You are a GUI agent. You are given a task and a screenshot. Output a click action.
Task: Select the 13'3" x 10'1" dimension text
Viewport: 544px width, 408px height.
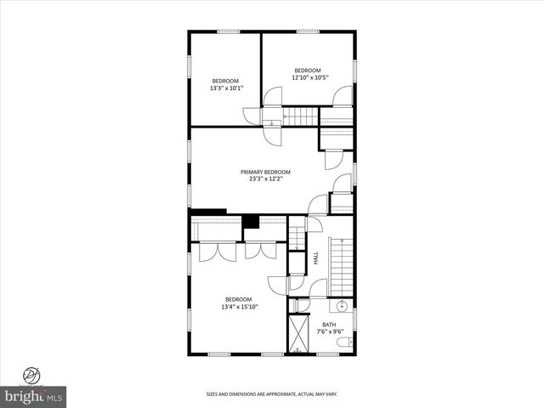click(x=226, y=88)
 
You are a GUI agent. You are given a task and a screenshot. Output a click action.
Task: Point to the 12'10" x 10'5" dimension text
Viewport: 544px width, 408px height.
click(x=309, y=77)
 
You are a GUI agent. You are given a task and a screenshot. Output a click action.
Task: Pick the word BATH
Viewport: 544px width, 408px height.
click(x=329, y=324)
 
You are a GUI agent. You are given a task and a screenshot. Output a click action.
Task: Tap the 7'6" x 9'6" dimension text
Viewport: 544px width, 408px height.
click(x=329, y=331)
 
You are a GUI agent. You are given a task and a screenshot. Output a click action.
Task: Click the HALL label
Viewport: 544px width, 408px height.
click(x=315, y=257)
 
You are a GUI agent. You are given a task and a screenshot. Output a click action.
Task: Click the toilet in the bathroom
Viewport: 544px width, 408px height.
click(x=343, y=343)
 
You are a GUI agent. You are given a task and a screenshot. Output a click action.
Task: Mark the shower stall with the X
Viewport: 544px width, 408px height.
click(x=299, y=334)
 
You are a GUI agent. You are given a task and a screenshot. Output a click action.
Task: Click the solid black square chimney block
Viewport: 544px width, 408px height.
click(x=251, y=223)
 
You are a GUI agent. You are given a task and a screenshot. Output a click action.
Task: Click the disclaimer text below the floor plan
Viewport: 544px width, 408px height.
click(x=272, y=394)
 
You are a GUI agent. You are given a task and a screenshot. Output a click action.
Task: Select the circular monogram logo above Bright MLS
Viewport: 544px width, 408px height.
click(x=32, y=374)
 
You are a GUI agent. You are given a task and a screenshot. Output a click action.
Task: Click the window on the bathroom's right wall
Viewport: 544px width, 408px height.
click(x=354, y=322)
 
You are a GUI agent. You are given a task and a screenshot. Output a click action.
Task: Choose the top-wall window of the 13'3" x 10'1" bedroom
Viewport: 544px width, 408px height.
click(x=227, y=32)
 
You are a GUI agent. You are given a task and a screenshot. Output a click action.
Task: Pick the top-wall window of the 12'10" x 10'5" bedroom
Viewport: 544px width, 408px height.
click(x=307, y=32)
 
